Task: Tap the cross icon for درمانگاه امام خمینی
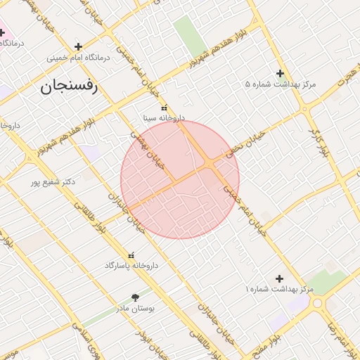78,46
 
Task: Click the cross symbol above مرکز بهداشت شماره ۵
280,73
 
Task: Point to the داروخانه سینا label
164,118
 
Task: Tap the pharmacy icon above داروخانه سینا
164,108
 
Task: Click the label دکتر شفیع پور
53,182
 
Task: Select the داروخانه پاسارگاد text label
131,266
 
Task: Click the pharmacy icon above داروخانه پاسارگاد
131,255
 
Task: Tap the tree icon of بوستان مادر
136,297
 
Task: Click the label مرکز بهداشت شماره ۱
279,290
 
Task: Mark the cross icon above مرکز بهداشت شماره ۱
280,279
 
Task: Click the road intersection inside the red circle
211,164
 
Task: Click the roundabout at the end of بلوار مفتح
318,304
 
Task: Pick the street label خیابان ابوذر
156,342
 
